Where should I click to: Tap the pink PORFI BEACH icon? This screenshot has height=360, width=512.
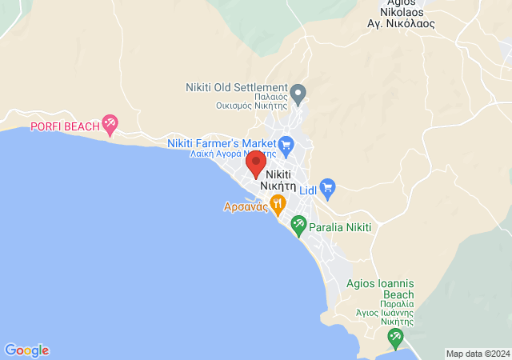(110, 124)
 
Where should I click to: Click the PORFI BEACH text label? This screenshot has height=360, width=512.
(65, 126)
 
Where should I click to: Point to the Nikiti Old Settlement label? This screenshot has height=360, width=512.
(237, 87)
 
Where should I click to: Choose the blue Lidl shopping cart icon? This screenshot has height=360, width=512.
(328, 189)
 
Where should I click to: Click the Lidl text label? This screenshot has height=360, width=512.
(308, 190)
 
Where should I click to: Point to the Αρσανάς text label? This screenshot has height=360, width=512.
(246, 206)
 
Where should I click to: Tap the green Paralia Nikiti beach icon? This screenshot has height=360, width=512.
(298, 226)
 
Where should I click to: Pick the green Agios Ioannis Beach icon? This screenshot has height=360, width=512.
(394, 338)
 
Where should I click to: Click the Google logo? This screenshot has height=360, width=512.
(27, 350)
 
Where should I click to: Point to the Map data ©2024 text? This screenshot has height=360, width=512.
(478, 354)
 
